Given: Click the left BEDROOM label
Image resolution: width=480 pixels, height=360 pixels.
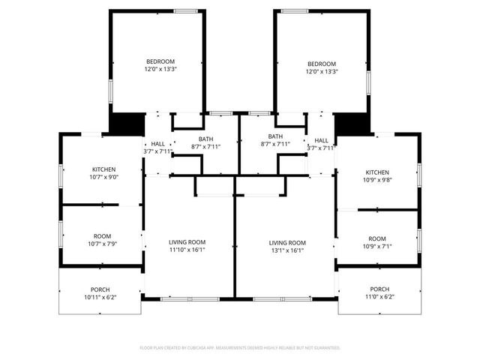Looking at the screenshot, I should (160, 61).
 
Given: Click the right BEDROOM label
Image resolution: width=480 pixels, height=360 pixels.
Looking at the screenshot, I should (322, 64).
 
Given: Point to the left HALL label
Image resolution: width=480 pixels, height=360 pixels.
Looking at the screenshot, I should (157, 143).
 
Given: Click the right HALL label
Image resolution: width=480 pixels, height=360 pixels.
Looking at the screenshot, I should (321, 140).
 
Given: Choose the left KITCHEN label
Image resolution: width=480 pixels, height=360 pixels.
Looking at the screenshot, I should (103, 169).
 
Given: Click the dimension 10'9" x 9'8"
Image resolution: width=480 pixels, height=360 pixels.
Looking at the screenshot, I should (377, 180).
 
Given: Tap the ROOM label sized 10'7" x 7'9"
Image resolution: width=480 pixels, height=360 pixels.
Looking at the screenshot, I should (103, 235).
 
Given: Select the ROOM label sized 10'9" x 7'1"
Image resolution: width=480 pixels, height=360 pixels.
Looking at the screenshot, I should (377, 238).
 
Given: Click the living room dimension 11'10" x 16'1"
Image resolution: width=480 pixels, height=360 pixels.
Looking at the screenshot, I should (187, 250).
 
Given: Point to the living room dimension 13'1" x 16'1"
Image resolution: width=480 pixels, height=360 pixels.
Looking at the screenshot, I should (288, 250).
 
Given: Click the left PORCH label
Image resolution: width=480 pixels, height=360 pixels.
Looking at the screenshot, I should (100, 289).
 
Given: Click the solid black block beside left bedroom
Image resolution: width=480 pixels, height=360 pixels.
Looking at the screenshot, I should (126, 124).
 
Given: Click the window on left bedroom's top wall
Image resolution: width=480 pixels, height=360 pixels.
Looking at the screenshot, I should (186, 10).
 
